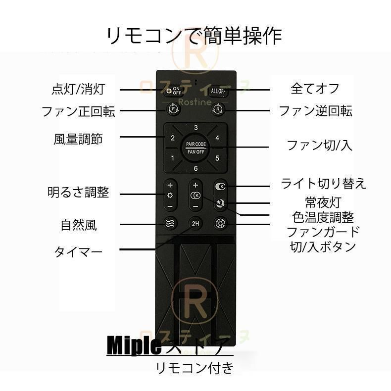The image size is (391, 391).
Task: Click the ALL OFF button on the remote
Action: click(x=218, y=91)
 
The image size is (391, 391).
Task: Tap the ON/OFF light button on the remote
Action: click(x=174, y=91)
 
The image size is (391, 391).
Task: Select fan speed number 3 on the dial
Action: click(x=196, y=128)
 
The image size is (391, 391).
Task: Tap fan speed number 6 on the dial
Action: click(x=196, y=169)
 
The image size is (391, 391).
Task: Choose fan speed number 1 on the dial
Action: click(x=173, y=158)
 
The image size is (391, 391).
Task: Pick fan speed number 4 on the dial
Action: click(x=218, y=138)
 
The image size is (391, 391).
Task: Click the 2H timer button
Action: click(x=196, y=223)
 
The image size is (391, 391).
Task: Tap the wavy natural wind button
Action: click(x=171, y=223)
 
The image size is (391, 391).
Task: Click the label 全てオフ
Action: click(x=315, y=89)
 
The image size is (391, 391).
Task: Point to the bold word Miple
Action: click(x=134, y=345)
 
